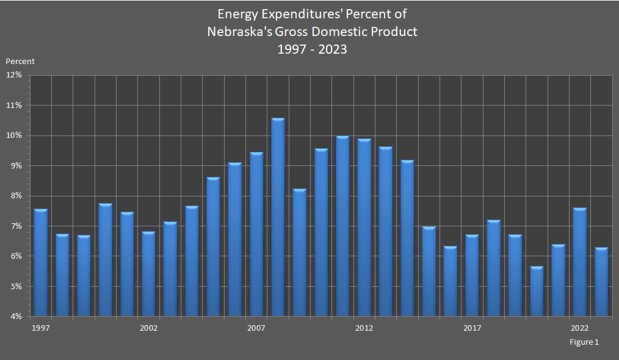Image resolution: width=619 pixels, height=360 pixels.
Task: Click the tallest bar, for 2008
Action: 278,217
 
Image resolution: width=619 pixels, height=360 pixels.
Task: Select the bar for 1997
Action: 40,262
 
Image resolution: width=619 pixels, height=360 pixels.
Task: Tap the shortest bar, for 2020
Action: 537,291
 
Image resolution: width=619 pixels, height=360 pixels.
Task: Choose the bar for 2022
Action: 579,262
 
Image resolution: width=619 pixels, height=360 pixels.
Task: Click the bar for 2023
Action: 601,281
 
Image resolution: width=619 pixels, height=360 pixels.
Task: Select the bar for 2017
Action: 472,275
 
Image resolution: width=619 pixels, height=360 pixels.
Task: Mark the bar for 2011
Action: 342,226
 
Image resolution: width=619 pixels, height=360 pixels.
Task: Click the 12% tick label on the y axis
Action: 14,75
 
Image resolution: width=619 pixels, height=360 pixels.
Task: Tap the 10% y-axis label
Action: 14,135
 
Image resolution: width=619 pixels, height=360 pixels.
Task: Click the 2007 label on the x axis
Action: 256,328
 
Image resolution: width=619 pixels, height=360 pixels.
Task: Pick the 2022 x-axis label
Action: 579,328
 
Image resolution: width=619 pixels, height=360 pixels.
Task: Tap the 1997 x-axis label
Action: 41,328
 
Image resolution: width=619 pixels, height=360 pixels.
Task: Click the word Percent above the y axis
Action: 20,61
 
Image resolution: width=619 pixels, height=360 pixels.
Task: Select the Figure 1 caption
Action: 584,342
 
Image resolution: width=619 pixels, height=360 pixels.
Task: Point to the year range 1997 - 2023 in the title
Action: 312,49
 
